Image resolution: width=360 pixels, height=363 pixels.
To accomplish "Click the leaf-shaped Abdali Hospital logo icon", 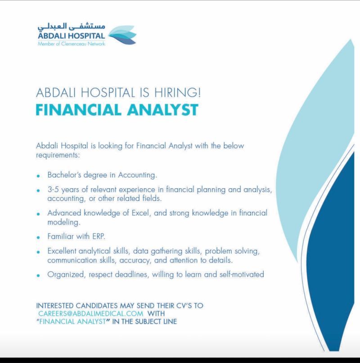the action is click(x=122, y=35).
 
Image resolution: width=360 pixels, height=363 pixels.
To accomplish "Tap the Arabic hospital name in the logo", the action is click(x=72, y=27).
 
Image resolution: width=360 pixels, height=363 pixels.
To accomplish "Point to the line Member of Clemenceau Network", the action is click(x=71, y=44).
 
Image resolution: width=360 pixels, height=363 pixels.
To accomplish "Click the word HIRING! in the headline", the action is click(x=177, y=92).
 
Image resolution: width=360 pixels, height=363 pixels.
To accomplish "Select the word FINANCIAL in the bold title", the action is click(x=78, y=110).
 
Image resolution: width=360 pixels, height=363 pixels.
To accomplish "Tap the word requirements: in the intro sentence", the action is click(x=58, y=155).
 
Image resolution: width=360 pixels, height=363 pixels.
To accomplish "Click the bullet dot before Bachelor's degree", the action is click(x=38, y=176).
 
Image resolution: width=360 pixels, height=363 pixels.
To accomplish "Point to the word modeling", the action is click(x=63, y=222).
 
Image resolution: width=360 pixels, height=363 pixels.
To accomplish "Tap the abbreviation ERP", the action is click(x=99, y=236).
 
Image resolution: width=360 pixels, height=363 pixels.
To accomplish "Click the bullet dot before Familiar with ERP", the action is click(x=38, y=237).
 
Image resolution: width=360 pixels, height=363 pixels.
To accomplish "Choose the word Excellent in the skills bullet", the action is click(x=62, y=251).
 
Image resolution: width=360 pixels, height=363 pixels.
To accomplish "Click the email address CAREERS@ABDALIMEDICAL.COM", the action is click(x=91, y=313).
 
